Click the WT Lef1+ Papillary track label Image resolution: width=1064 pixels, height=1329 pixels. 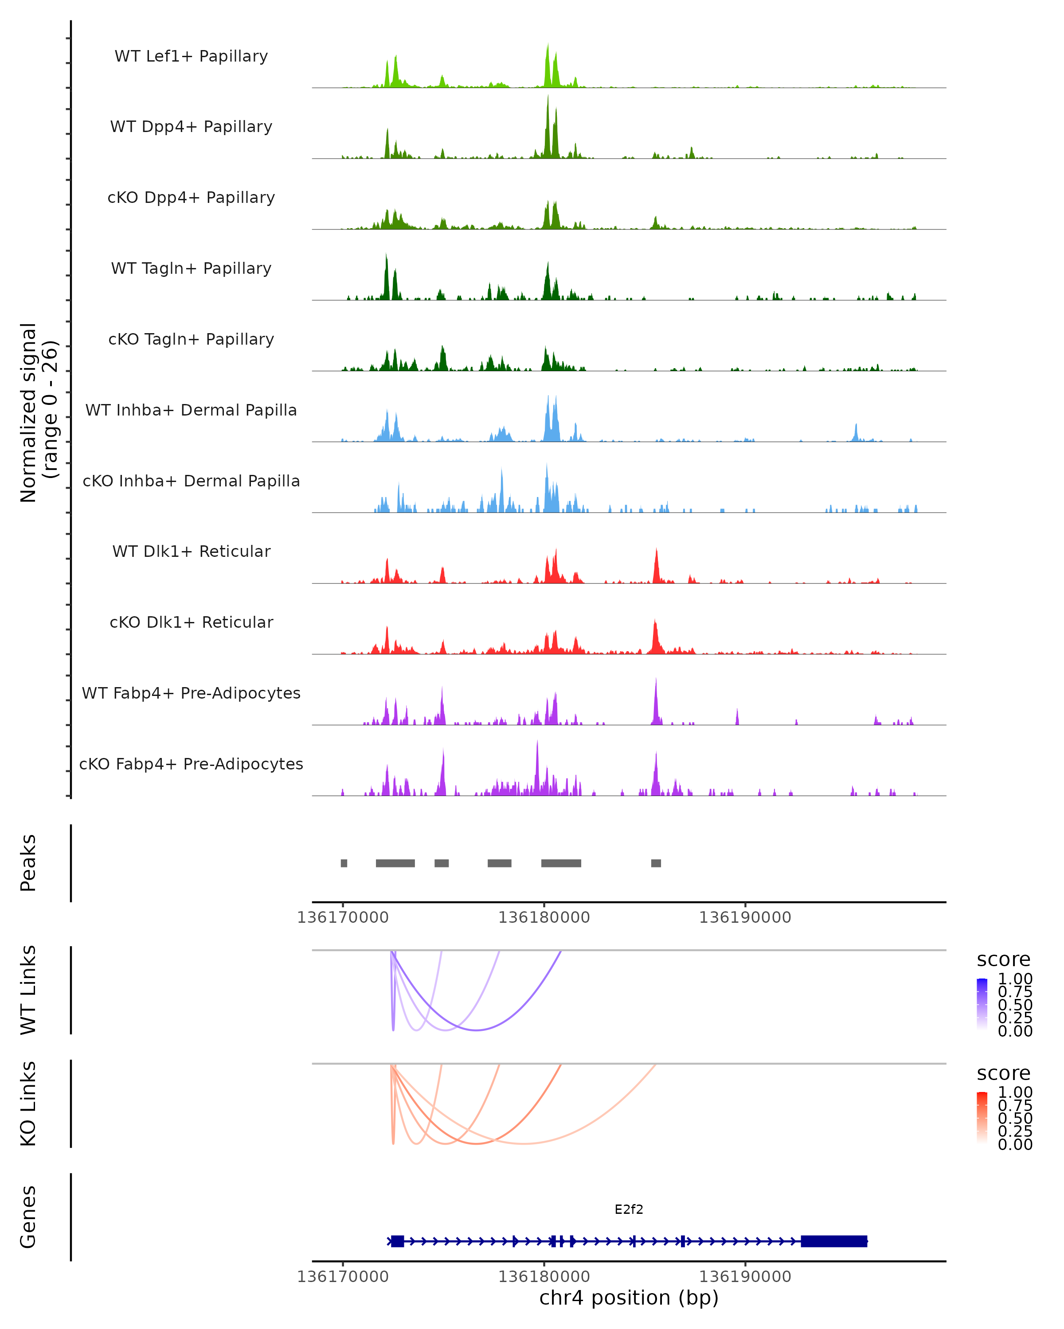(x=191, y=56)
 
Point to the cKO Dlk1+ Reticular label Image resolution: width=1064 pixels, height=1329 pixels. (x=191, y=622)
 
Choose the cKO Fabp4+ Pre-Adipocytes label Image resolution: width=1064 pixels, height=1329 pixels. (x=191, y=764)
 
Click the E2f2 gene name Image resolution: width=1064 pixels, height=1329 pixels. (x=629, y=1209)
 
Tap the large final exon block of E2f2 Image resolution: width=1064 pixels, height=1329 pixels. (x=834, y=1241)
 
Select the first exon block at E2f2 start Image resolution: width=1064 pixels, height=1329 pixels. (x=397, y=1241)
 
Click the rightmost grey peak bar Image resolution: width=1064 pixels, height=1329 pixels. (x=656, y=863)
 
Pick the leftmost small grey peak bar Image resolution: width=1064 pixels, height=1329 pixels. (x=344, y=863)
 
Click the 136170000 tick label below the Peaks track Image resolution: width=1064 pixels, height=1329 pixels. (x=343, y=917)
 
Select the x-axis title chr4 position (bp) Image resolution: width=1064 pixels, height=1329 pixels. (x=629, y=1298)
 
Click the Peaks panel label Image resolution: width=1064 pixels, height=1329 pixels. (x=28, y=863)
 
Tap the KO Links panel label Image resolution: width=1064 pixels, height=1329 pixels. (x=28, y=1104)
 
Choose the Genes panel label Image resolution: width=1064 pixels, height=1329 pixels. (x=28, y=1217)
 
